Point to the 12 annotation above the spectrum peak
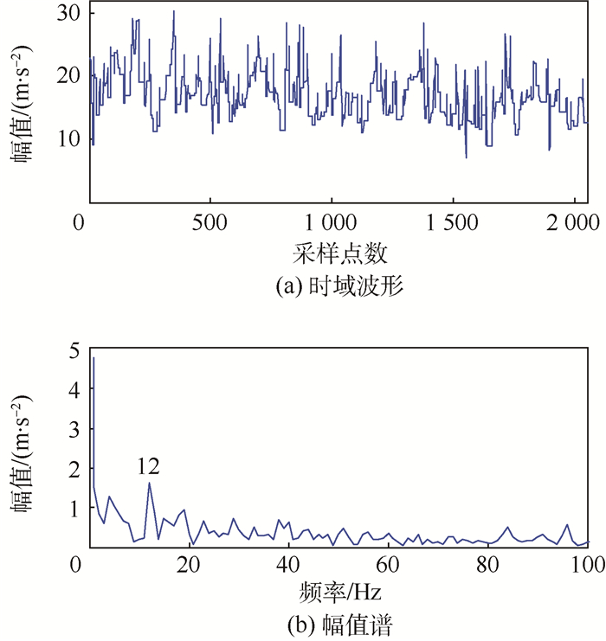[x=148, y=467]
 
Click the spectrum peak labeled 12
[x=149, y=483]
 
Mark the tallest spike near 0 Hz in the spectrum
[x=93, y=358]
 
